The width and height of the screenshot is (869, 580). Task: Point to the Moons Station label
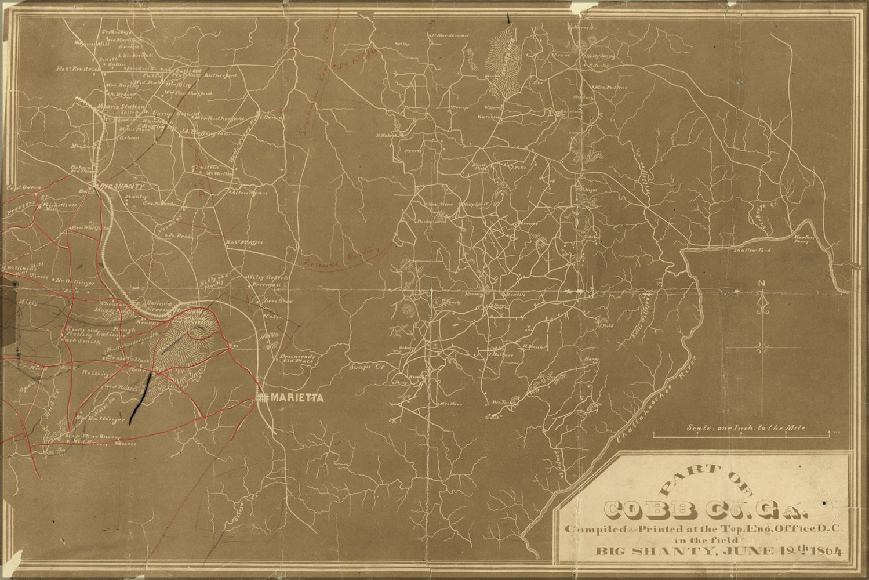[122, 107]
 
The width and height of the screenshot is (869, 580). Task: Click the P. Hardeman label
[449, 35]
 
